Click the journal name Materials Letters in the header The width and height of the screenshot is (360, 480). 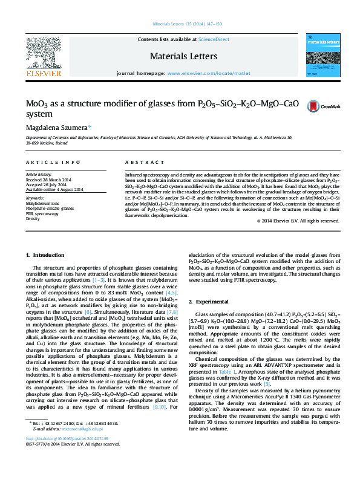coord(179,56)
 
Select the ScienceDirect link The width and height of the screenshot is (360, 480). coord(214,39)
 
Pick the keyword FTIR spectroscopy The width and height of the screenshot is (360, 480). coord(42,213)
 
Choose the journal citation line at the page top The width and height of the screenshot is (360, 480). coord(179,24)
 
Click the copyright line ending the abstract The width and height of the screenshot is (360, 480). coord(298,221)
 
